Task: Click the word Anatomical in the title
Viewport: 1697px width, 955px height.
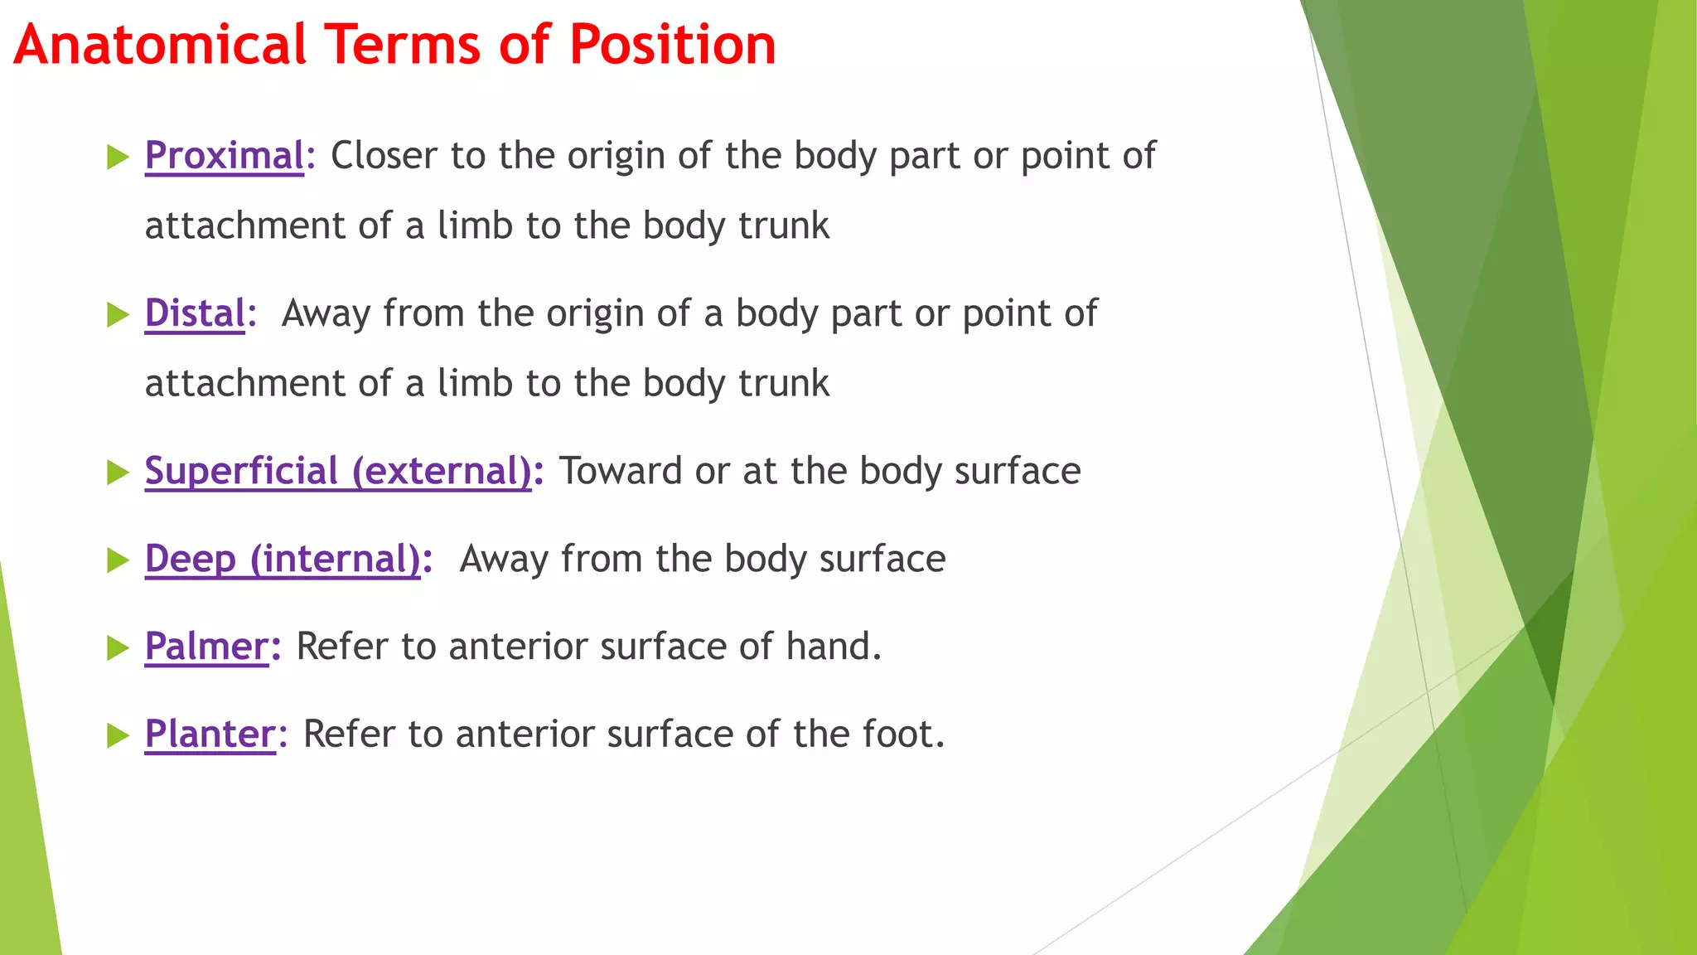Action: pyautogui.click(x=160, y=45)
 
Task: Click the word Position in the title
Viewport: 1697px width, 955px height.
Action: pyautogui.click(x=672, y=45)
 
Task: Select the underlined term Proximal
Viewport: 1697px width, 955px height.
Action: pyautogui.click(x=225, y=156)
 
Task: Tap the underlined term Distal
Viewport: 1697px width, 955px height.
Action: pyautogui.click(x=195, y=313)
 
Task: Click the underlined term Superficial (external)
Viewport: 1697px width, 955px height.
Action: pyautogui.click(x=338, y=471)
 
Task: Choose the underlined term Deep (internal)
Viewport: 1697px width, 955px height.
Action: pyautogui.click(x=283, y=559)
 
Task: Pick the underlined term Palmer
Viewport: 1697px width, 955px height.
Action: pyautogui.click(x=206, y=647)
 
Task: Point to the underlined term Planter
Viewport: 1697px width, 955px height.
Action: pyautogui.click(x=210, y=734)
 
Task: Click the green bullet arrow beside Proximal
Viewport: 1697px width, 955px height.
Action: pyautogui.click(x=118, y=157)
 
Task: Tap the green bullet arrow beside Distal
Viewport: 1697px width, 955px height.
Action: pyautogui.click(x=118, y=315)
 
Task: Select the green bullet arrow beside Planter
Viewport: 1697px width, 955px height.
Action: pyautogui.click(x=118, y=735)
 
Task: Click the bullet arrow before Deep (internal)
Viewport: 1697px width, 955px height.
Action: pyautogui.click(x=118, y=560)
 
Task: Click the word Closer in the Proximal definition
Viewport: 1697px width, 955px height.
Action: pyautogui.click(x=384, y=156)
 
